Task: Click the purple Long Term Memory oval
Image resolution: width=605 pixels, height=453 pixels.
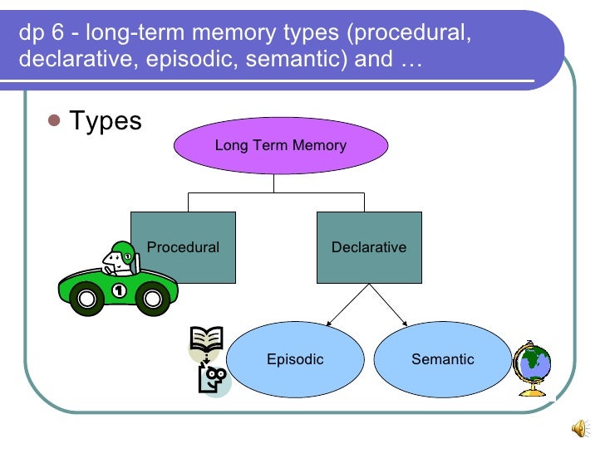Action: [280, 146]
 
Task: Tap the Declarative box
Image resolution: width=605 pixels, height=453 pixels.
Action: [369, 247]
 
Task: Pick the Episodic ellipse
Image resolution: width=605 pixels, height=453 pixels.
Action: [295, 359]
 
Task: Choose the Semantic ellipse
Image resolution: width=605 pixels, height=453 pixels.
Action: [442, 359]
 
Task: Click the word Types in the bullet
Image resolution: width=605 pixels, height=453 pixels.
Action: [106, 121]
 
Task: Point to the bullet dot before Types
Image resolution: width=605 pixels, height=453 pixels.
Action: [55, 121]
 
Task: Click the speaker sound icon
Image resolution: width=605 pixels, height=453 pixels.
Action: [579, 426]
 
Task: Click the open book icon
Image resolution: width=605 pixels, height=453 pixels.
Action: [206, 339]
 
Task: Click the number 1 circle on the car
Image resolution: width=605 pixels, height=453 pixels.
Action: [120, 290]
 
